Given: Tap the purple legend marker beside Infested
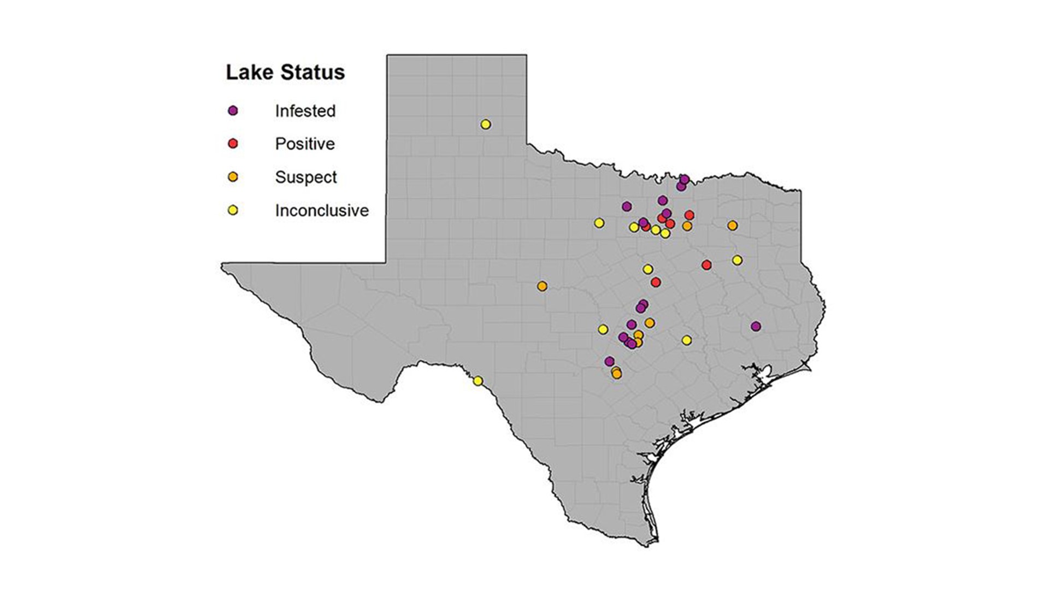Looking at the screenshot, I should click(233, 111).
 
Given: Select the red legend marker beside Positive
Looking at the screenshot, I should click(233, 144).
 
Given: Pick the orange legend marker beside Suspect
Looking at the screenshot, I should click(233, 177).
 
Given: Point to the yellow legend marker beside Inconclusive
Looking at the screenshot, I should click(233, 210).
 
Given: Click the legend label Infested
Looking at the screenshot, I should click(305, 111).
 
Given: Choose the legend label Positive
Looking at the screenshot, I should click(305, 144).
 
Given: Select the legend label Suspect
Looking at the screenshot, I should click(306, 177).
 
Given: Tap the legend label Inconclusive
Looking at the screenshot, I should click(322, 210).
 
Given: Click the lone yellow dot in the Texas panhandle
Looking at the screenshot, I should click(486, 125).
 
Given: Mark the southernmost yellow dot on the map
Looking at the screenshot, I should click(478, 381).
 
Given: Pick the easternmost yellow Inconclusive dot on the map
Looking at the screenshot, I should click(737, 260).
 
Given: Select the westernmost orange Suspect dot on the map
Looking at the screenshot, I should click(542, 286).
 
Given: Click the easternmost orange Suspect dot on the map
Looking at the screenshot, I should click(733, 226).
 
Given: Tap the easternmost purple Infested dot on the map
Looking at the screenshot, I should click(756, 326).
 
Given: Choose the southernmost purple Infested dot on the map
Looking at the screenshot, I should click(610, 361).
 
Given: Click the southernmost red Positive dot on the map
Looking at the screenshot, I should click(656, 282).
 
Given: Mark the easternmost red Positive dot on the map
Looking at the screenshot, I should click(706, 265).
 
